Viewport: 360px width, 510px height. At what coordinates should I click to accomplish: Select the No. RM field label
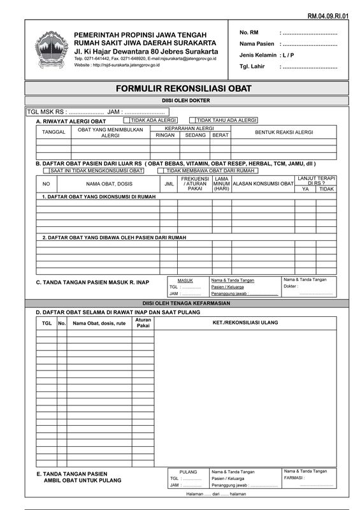249,33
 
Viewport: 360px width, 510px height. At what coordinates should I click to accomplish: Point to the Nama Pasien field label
256,43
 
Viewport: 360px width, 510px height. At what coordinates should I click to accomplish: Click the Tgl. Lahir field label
252,66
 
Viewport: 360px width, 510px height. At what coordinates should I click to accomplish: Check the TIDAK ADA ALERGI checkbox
127,120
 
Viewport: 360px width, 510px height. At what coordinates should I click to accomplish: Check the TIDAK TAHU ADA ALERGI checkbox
193,120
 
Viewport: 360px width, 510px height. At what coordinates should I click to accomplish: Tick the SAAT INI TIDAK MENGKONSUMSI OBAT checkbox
47,171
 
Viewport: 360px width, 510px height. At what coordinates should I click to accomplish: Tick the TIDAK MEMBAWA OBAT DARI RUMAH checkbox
163,171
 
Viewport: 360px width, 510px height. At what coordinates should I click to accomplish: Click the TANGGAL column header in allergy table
54,132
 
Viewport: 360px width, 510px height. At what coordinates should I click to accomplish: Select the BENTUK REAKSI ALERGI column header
284,132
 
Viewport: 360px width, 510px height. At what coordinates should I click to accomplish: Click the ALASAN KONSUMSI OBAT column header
263,184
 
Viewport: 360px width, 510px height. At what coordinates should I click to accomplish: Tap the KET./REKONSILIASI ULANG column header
245,323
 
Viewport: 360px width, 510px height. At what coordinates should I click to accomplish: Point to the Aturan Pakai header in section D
143,323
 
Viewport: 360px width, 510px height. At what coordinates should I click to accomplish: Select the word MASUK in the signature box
185,280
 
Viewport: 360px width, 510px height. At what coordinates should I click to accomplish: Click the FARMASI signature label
294,477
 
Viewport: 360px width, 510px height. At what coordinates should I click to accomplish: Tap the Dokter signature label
291,286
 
